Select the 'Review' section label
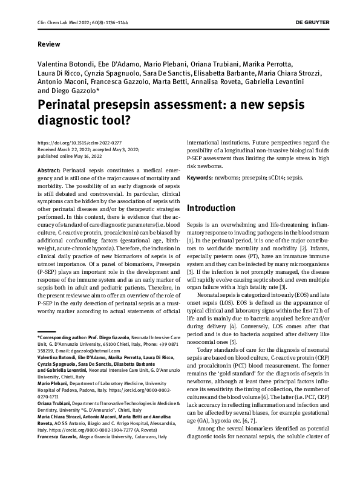(x=48, y=45)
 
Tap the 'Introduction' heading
(x=211, y=208)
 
